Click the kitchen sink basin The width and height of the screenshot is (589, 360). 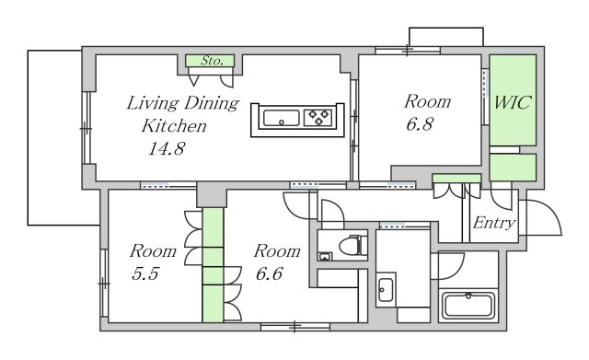point(282,118)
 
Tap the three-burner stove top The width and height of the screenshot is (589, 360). point(318,118)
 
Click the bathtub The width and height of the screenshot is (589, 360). point(468,306)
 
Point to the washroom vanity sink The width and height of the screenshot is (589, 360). point(386,290)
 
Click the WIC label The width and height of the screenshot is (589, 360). point(513,102)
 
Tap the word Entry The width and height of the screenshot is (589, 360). point(494,223)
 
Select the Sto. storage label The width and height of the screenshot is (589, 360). point(213,61)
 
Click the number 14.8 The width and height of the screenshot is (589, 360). point(167,148)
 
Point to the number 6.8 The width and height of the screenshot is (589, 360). point(420,124)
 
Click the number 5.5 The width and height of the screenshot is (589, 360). point(145,273)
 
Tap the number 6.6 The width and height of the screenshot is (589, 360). point(269,273)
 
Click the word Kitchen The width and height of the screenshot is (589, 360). point(174,126)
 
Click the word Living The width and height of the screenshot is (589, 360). point(152,104)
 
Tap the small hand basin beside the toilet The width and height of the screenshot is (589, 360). point(325,257)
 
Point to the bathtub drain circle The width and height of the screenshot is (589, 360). point(468,296)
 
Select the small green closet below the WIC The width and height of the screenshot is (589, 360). point(513,168)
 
